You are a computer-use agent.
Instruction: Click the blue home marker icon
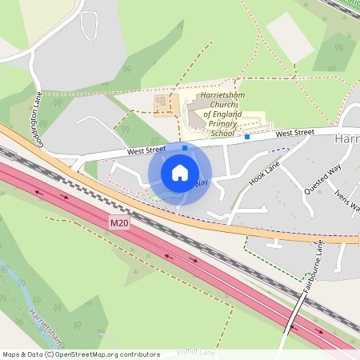(x=180, y=173)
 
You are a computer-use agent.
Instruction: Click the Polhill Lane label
(x=189, y=351)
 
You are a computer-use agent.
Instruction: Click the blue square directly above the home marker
(x=185, y=148)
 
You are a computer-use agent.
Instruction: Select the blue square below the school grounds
(x=247, y=137)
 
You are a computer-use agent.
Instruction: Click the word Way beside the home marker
(x=202, y=182)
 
